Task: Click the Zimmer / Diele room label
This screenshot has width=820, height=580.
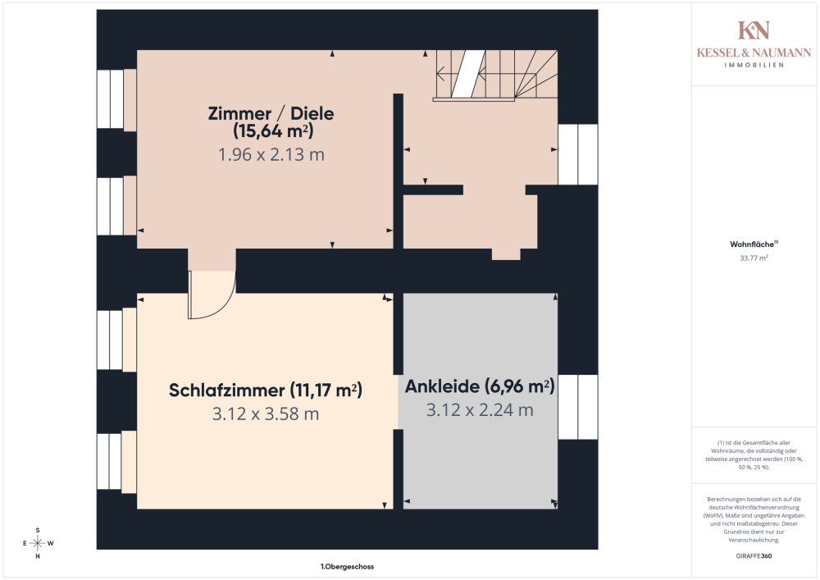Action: coord(271,113)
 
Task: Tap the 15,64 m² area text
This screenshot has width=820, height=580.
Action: coord(273,130)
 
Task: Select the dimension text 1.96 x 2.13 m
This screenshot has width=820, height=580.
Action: coord(271,155)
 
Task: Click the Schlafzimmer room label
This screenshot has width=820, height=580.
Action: coord(226,390)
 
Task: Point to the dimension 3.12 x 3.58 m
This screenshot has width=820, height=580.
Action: coord(266,414)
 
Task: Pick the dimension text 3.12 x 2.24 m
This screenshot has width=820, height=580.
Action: coord(480,410)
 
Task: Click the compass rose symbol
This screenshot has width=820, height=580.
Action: coord(38,543)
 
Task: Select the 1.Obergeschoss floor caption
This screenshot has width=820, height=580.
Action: coord(347,566)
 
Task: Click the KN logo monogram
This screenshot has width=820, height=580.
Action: coord(754,30)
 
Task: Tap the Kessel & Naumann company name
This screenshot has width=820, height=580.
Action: coord(754,53)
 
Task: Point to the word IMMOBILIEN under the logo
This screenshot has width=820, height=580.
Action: coord(754,66)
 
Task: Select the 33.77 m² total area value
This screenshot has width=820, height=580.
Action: coord(754,258)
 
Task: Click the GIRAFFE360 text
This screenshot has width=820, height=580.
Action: coord(754,556)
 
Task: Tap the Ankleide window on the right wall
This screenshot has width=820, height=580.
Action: coord(578,407)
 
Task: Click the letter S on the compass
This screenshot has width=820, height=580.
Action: coord(38,530)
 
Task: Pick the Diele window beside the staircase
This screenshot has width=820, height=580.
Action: coord(578,154)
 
